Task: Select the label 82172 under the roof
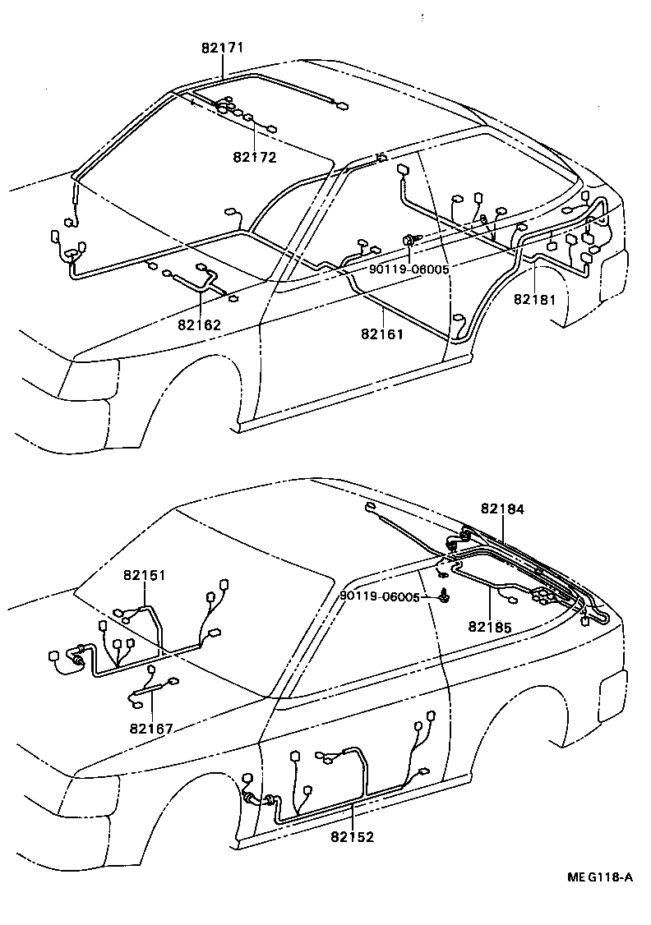(254, 157)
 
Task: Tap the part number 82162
(199, 324)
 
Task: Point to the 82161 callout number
(382, 334)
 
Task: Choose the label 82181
(535, 300)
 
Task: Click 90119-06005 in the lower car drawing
(380, 597)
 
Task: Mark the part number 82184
(502, 509)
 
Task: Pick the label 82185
(491, 626)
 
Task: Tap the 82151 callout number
(145, 575)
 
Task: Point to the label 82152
(353, 837)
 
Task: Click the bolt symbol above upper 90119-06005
(409, 240)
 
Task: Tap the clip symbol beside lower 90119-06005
(444, 596)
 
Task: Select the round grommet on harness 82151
(79, 659)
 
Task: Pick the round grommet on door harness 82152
(250, 799)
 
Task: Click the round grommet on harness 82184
(454, 541)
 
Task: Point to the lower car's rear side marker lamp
(614, 685)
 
